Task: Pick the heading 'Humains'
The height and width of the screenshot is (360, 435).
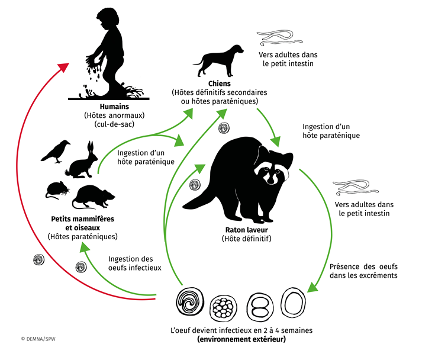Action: pyautogui.click(x=114, y=106)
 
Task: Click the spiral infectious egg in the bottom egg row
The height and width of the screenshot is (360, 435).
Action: pyautogui.click(x=189, y=303)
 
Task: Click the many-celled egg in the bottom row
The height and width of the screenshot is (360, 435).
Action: pyautogui.click(x=225, y=304)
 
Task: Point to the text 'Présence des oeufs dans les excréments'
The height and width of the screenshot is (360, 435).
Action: pyautogui.click(x=362, y=271)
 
